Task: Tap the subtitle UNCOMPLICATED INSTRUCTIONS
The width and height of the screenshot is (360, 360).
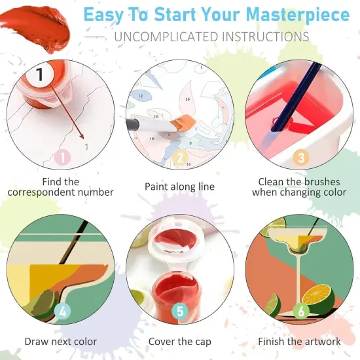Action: click(x=211, y=37)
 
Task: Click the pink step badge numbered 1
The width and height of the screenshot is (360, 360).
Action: click(x=62, y=157)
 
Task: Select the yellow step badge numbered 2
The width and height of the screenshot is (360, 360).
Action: click(x=179, y=157)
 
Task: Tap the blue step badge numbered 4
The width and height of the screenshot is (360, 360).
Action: click(x=62, y=312)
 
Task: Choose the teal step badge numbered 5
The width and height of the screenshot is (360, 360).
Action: click(x=180, y=312)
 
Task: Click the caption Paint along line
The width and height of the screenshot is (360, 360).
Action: click(x=179, y=187)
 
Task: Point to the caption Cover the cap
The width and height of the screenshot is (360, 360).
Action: click(x=179, y=341)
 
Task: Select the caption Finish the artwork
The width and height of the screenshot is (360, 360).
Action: click(x=299, y=341)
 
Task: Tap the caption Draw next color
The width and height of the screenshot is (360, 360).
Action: click(x=61, y=341)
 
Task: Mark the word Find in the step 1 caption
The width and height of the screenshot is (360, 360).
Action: click(x=52, y=181)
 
